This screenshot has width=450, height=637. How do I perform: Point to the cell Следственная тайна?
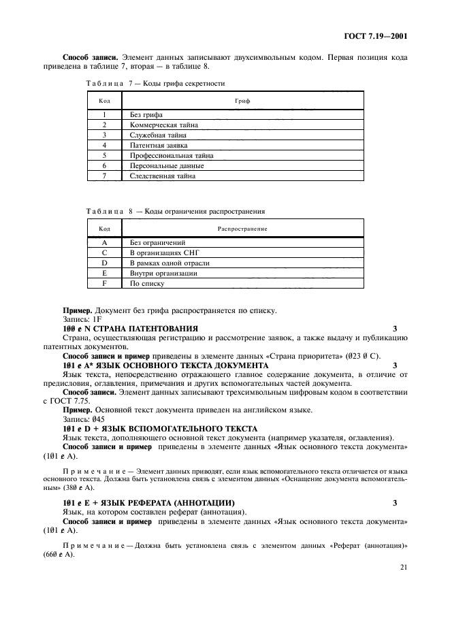click(163, 176)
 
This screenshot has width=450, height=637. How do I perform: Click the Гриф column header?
click(242, 100)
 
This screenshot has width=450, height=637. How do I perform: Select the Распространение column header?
click(242, 228)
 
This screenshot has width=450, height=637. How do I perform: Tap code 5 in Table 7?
click(105, 155)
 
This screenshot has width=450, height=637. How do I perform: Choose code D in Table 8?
click(105, 263)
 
